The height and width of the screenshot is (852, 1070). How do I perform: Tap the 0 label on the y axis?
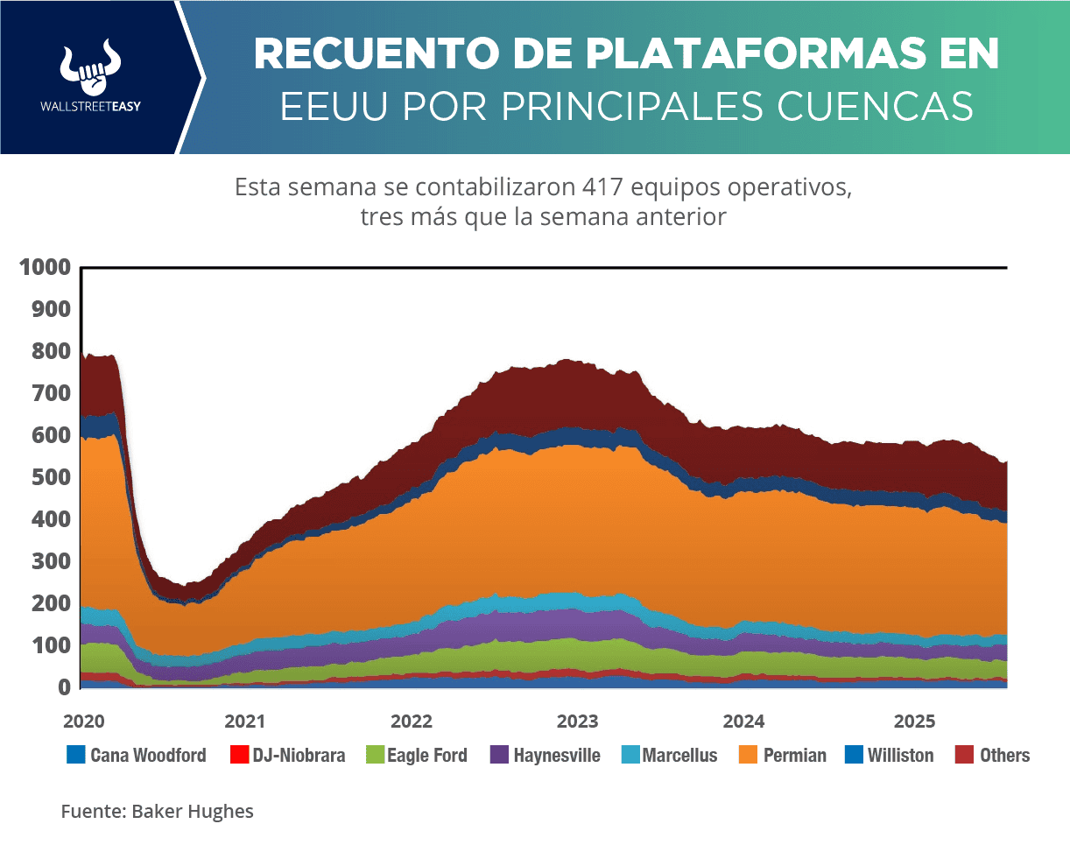(64, 687)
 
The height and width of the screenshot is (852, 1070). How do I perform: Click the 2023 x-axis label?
(577, 722)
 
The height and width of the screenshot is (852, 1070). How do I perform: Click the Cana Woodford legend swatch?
(75, 754)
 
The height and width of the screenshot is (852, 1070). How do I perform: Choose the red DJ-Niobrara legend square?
(237, 754)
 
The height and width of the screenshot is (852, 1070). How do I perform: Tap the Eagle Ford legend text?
(427, 755)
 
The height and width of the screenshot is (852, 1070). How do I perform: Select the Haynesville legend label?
(557, 755)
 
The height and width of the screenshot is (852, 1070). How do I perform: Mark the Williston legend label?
(900, 755)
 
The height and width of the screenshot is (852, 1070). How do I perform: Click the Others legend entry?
(1004, 755)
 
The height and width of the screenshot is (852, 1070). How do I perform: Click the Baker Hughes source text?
(193, 811)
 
